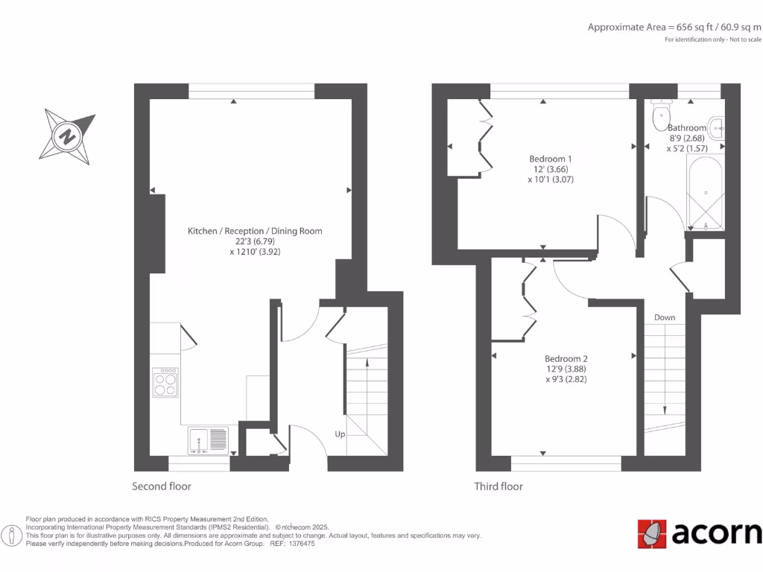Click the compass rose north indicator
[x=68, y=136]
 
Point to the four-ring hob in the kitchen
[x=165, y=384]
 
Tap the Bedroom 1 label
[x=551, y=159]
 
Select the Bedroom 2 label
[x=566, y=358]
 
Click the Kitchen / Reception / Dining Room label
[x=255, y=231]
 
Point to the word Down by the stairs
[x=665, y=317]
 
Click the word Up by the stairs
[x=339, y=433]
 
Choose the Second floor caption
[x=162, y=486]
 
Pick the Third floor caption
[x=498, y=486]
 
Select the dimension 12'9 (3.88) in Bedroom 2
[x=566, y=369]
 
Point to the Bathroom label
[x=686, y=128]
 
